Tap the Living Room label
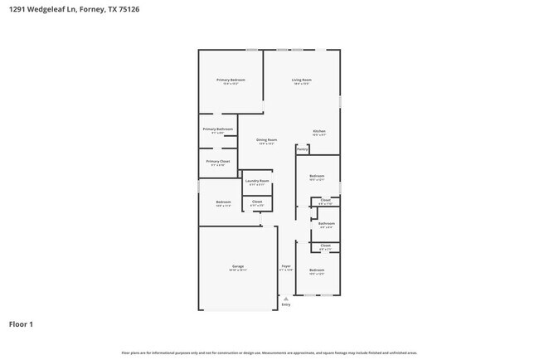(301, 80)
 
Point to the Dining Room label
(266, 140)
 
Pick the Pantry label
(303, 149)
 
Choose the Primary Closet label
(217, 161)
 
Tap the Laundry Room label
(257, 181)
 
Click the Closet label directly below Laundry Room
(257, 201)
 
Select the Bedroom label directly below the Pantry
(317, 176)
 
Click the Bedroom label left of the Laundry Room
(223, 202)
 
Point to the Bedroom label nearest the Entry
(317, 270)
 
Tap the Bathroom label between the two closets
(327, 223)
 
